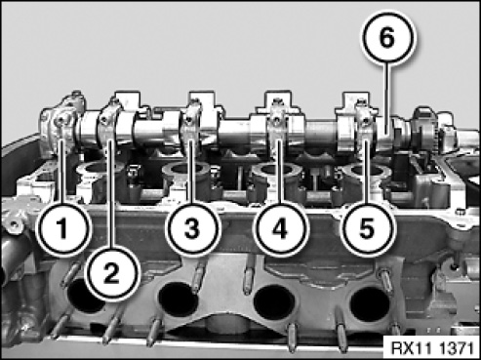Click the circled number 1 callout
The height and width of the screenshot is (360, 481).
point(62,228)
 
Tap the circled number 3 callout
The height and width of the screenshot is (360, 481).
point(192,228)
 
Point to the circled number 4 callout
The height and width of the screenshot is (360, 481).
point(280,228)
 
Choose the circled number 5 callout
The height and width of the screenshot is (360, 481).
point(367,228)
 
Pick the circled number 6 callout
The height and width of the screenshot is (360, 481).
point(386,37)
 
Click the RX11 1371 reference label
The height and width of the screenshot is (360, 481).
point(432,348)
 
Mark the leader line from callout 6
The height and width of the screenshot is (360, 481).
point(386,100)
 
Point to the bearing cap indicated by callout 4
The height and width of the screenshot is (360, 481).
point(277,124)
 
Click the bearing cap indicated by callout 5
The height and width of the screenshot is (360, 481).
point(364,125)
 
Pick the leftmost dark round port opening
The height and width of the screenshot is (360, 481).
point(85,297)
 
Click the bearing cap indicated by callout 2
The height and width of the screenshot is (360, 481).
point(109,125)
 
